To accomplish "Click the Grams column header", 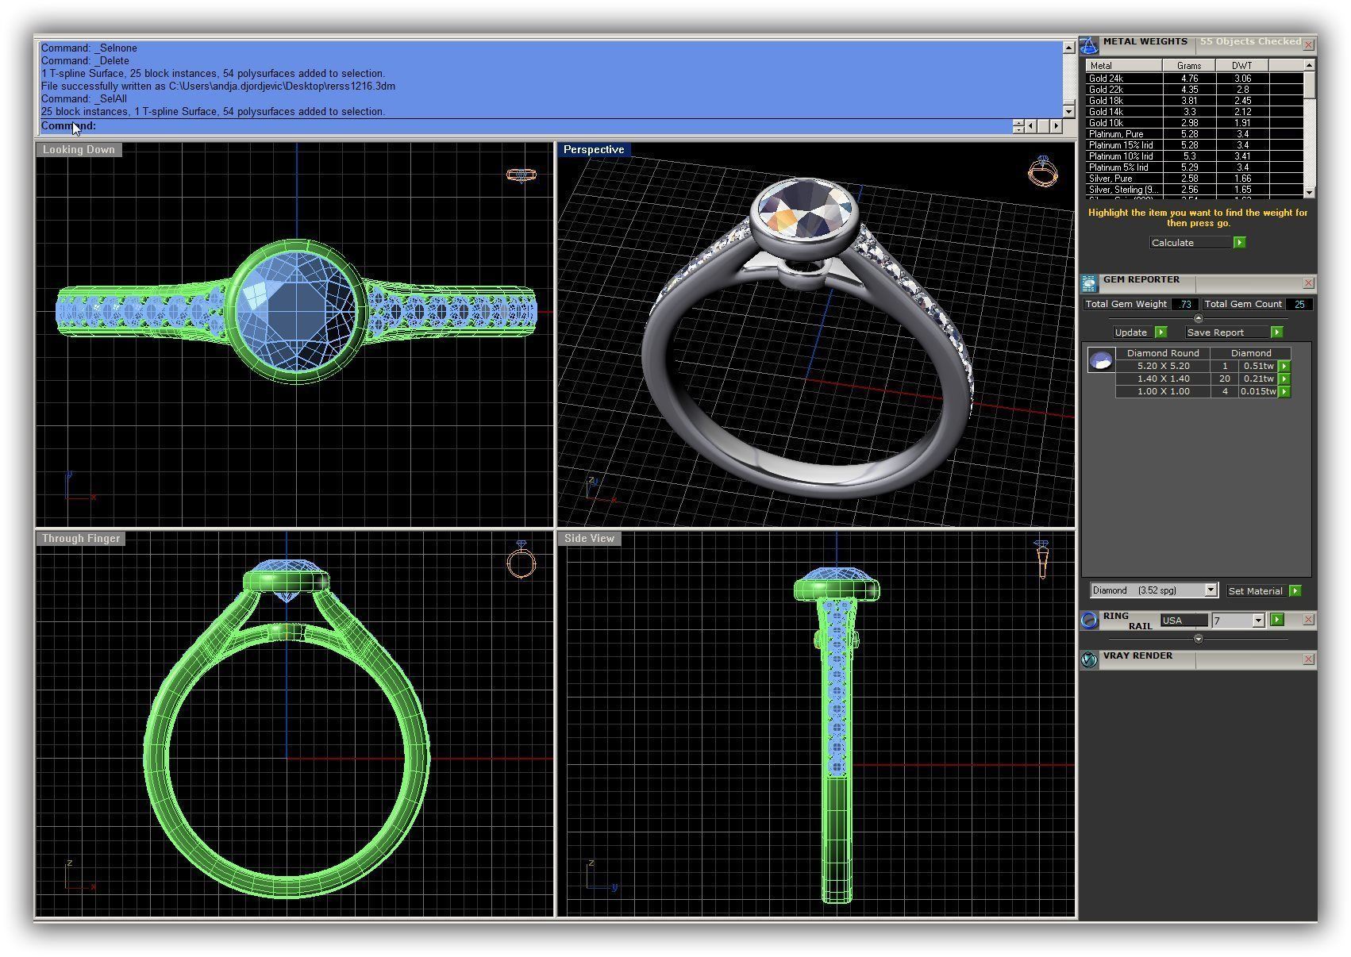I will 1188,66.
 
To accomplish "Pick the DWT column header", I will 1241,66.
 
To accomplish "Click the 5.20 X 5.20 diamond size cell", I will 1163,366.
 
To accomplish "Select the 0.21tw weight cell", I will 1257,379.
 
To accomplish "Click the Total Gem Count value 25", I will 1299,304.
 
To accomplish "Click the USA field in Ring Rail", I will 1184,621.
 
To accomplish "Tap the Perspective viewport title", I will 594,149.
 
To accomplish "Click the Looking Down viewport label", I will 79,149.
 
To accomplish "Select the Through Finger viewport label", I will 81,538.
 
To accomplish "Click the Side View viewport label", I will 589,538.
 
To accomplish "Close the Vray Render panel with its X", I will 1308,659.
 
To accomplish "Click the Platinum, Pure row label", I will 1115,134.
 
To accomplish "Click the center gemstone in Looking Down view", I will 296,310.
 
